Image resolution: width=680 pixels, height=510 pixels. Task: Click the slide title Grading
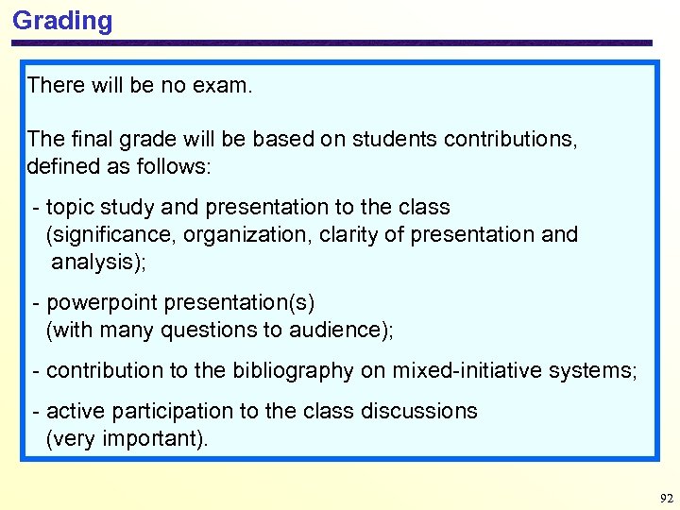point(62,21)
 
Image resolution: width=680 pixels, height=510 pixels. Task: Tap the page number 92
point(666,498)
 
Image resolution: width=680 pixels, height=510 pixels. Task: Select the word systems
point(600,370)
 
